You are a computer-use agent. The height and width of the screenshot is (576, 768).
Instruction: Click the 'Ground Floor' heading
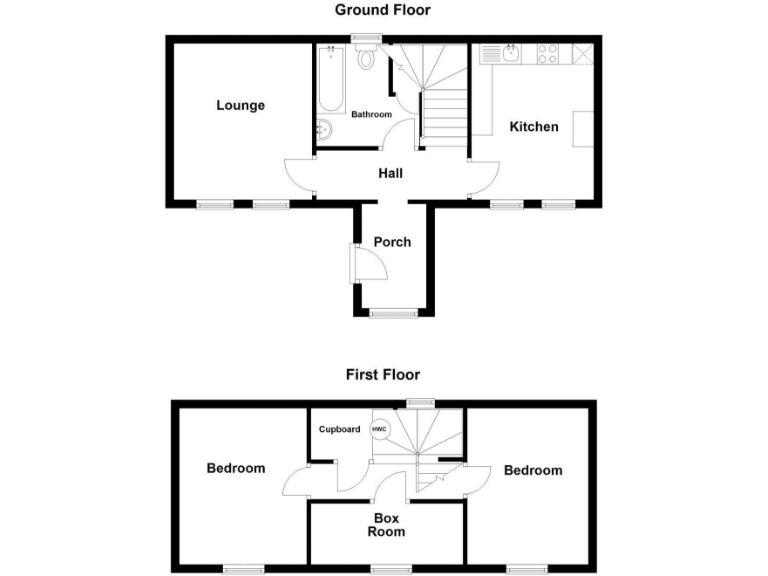point(383,10)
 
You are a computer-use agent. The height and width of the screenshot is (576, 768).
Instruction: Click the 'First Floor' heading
point(383,375)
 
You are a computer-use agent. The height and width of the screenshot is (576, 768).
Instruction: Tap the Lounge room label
point(241,105)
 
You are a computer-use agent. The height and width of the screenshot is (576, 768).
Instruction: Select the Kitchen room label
point(534,126)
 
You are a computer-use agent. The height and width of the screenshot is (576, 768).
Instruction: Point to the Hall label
point(390,173)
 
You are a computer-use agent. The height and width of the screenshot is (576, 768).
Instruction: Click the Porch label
point(392,241)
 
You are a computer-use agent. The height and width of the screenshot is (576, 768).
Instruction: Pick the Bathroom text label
point(371,115)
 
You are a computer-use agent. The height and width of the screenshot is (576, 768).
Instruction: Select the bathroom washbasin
point(325,129)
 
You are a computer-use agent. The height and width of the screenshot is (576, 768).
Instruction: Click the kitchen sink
point(511,54)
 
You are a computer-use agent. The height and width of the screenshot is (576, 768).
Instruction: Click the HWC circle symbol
point(379,430)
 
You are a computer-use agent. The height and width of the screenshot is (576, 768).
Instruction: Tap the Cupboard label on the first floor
point(340,430)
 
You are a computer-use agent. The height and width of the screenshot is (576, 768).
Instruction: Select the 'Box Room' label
point(386,525)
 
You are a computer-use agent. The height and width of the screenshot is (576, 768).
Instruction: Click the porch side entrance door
point(366,264)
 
